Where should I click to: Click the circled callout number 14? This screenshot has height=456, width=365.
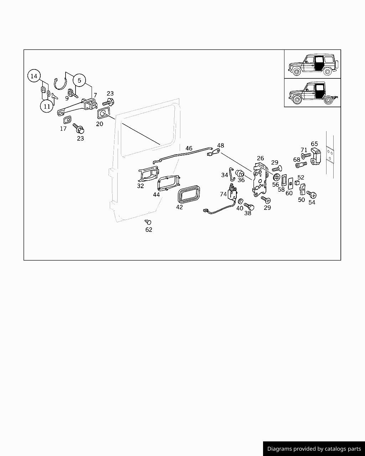(34, 76)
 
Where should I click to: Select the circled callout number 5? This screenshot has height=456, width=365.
(79, 80)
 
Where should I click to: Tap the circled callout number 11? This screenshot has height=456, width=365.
(47, 106)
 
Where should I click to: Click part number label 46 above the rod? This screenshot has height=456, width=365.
(189, 148)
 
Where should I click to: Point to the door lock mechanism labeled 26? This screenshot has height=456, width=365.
(260, 180)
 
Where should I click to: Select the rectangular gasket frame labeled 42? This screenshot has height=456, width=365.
(189, 195)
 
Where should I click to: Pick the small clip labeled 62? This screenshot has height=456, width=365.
(148, 222)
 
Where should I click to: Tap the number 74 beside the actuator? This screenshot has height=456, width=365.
(223, 194)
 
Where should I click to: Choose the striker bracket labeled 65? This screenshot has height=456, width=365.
(315, 157)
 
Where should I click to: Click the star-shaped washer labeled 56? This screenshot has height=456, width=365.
(276, 177)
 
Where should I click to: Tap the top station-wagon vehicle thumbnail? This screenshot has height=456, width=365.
(312, 64)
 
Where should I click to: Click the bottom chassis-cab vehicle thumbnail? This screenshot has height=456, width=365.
(312, 93)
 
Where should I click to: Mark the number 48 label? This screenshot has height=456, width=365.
(221, 145)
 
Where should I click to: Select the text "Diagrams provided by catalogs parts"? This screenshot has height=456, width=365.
(314, 449)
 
